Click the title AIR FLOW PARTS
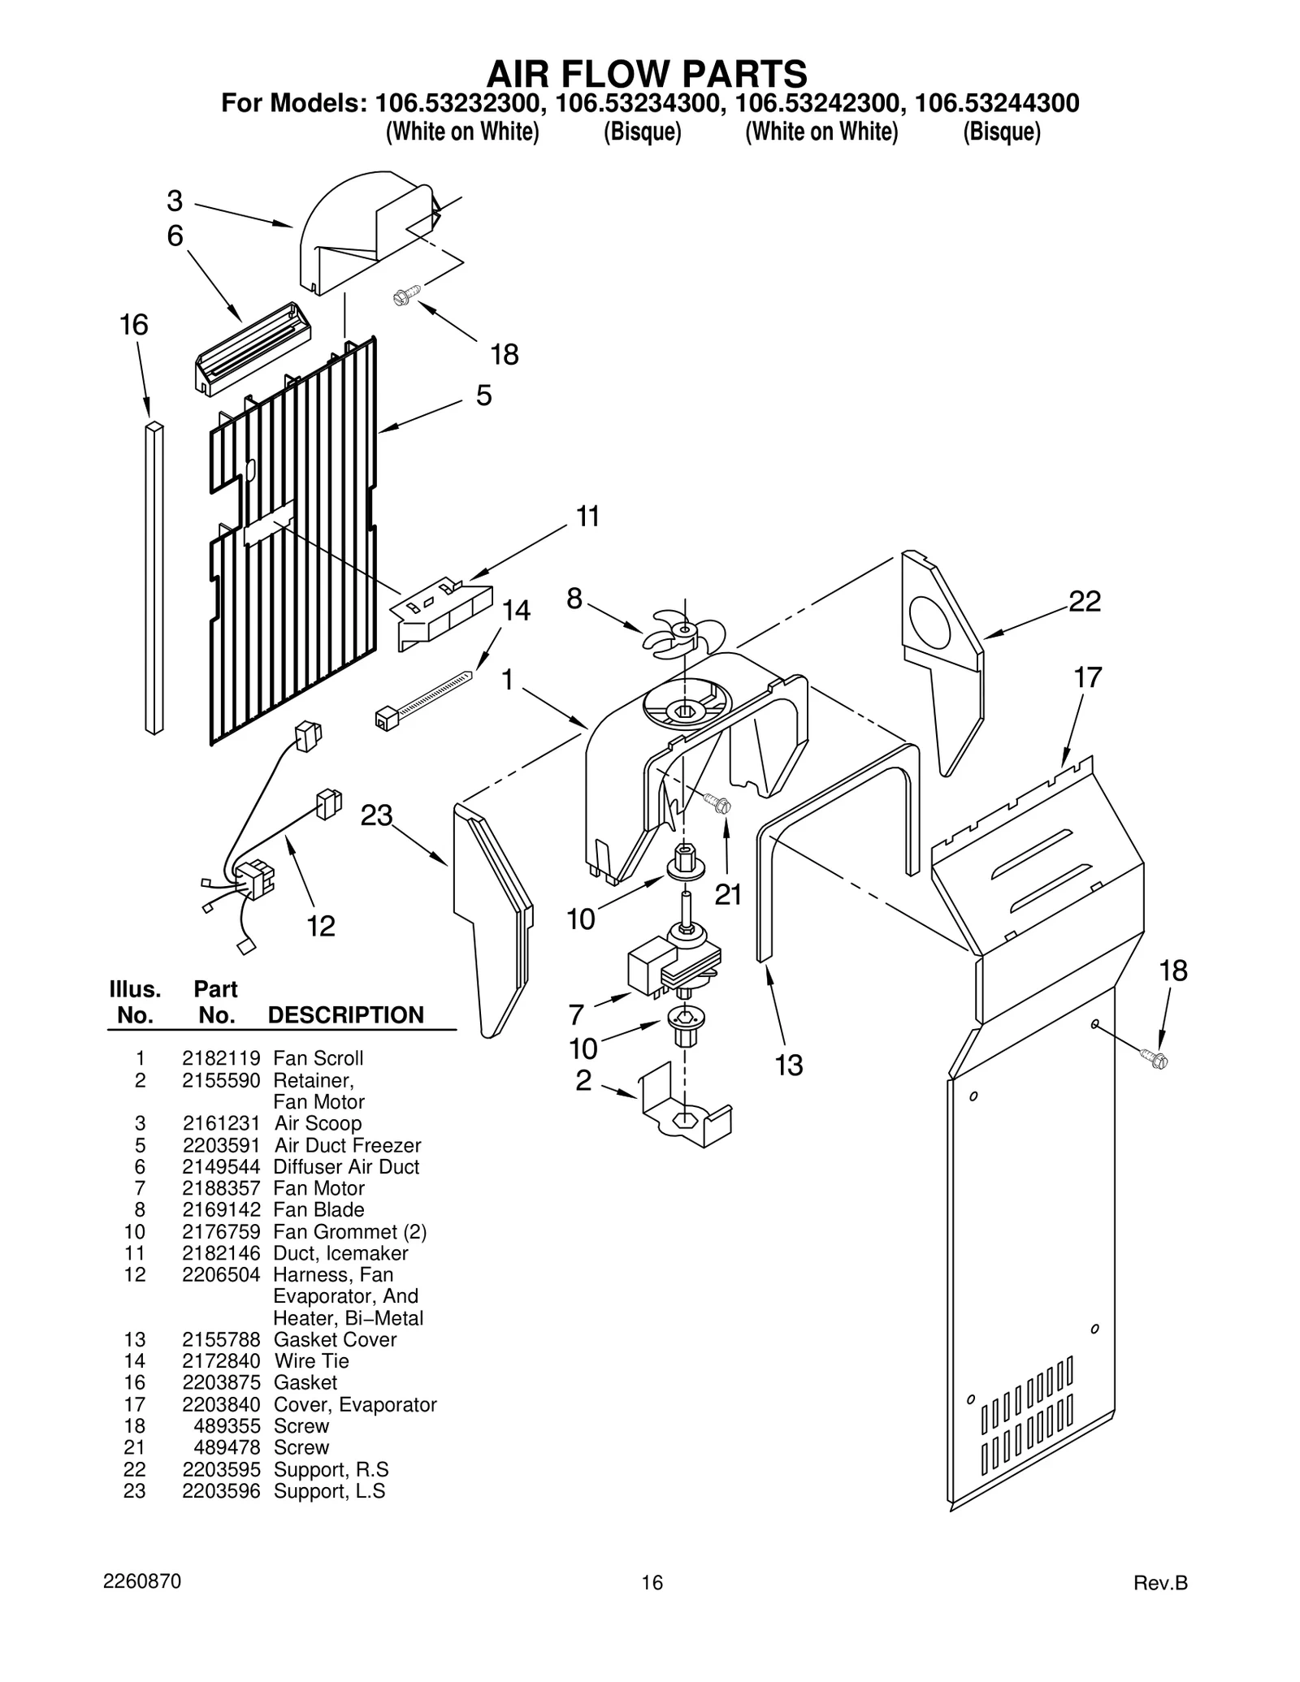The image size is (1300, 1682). [647, 74]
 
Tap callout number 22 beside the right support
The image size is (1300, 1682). [1084, 602]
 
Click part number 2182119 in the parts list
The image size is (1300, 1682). [221, 1058]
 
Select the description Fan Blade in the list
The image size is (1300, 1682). [318, 1209]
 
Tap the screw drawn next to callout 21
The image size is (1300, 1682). [718, 804]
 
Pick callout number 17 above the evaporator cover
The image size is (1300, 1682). [1087, 677]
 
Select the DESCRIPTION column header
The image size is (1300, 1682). [346, 1015]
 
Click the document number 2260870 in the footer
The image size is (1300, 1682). [142, 1581]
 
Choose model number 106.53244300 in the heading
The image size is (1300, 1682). [997, 103]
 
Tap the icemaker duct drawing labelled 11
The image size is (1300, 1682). [443, 611]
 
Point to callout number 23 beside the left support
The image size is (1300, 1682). [376, 815]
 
